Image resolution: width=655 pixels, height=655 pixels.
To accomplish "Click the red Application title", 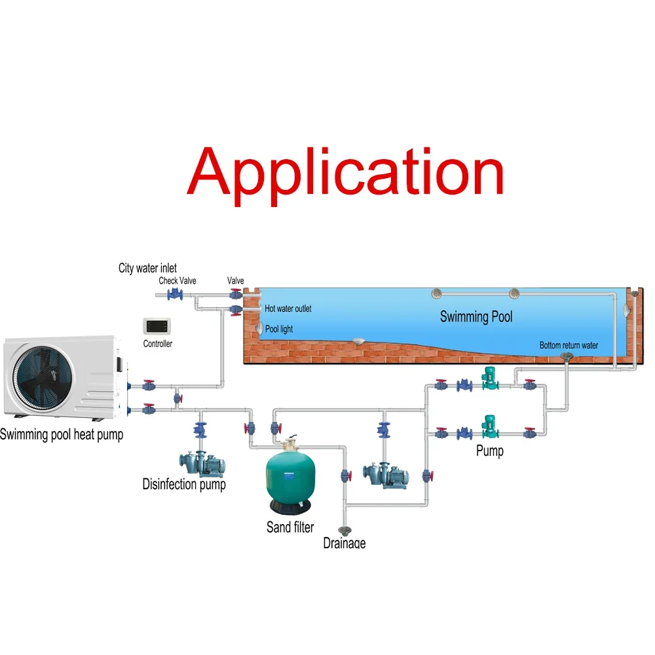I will (x=345, y=172).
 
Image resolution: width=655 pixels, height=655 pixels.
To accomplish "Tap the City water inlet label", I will (x=147, y=268).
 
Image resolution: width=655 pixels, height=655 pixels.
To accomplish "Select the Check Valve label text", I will (x=177, y=281).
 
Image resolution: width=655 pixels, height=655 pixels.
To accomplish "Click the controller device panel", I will (x=157, y=326).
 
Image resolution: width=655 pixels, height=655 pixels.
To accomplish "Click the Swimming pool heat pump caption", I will (x=62, y=434).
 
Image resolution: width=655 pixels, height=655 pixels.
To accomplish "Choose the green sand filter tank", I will (x=291, y=478).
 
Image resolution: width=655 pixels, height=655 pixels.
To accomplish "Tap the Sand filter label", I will (x=290, y=527).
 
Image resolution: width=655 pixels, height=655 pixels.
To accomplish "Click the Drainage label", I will (x=345, y=543).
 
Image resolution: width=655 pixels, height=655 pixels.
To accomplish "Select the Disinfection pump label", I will (x=184, y=485).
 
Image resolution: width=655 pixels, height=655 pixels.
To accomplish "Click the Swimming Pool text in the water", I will (x=476, y=317).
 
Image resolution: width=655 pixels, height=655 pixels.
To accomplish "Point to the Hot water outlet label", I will (x=288, y=309).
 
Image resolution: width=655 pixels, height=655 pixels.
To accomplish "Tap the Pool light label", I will (x=279, y=329).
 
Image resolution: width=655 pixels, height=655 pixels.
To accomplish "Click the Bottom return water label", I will (x=569, y=345).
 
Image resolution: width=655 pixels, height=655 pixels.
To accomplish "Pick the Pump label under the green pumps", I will (x=490, y=451).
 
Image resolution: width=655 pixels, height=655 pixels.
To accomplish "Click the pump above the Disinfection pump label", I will (x=204, y=462).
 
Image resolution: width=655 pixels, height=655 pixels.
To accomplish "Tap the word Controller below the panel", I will (x=157, y=344).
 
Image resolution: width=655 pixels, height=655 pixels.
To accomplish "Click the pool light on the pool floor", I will (x=358, y=341).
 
